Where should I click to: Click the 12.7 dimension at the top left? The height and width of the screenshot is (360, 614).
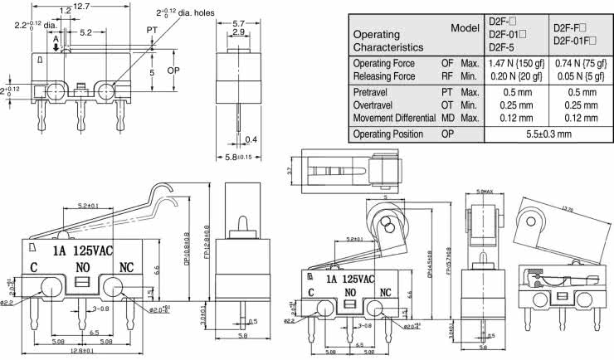(80, 6)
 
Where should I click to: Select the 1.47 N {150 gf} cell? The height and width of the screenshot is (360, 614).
(514, 63)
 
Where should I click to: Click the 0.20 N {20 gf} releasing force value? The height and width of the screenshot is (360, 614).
(514, 75)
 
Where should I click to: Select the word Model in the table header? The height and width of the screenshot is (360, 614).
(466, 27)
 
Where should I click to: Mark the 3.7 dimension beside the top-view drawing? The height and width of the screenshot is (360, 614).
(290, 171)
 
